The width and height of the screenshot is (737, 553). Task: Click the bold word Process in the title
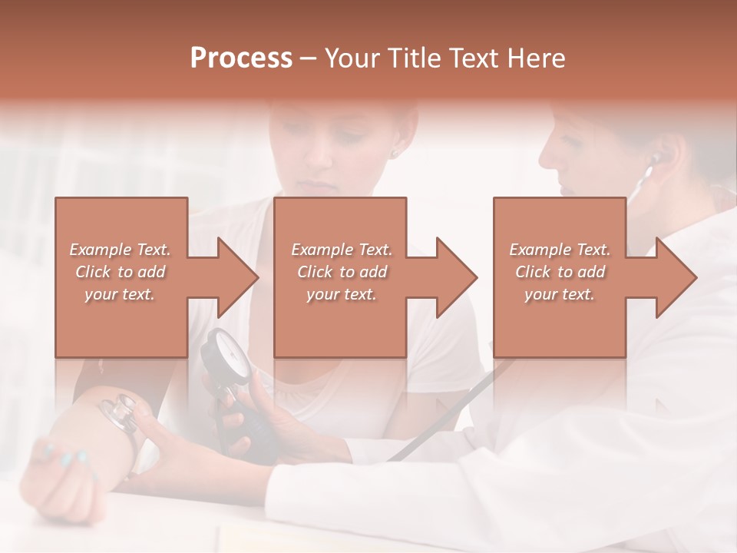click(241, 58)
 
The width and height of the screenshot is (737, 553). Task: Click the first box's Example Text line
click(120, 250)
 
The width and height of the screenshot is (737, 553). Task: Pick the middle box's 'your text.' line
click(341, 294)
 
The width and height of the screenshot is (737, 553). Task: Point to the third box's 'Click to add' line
click(560, 272)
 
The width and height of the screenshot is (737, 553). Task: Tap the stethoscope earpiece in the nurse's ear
click(655, 159)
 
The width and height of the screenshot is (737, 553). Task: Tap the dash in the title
click(308, 58)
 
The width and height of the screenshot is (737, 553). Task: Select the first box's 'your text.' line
click(120, 294)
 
